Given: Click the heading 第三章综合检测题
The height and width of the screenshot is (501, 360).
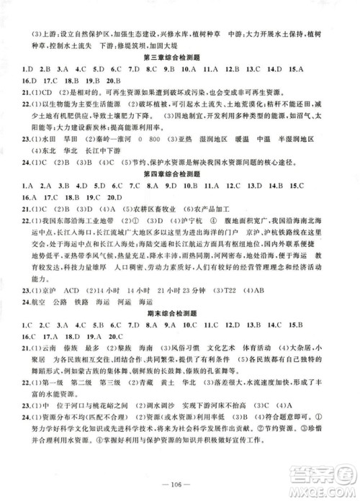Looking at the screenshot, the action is click(x=179, y=55).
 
